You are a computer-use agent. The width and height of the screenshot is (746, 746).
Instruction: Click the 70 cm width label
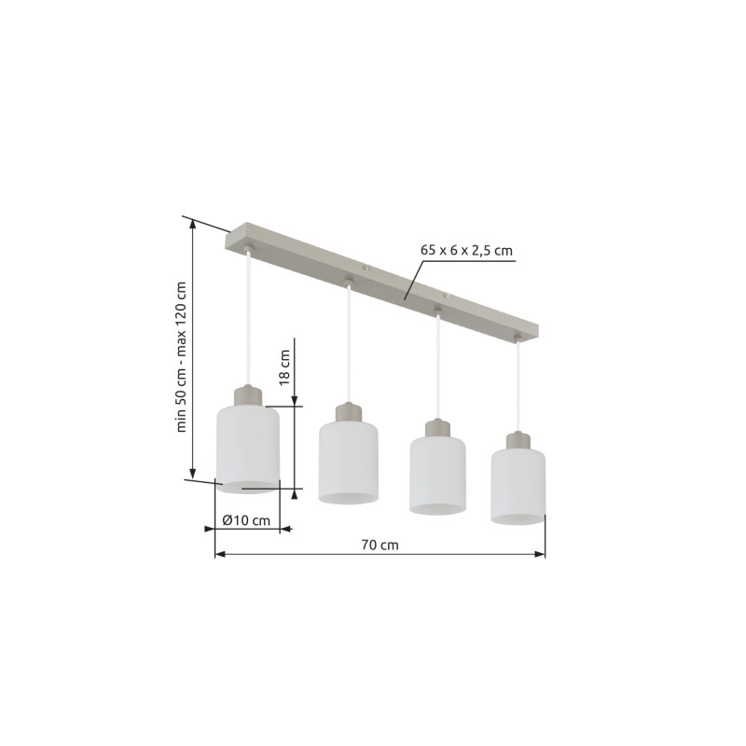coord(380,545)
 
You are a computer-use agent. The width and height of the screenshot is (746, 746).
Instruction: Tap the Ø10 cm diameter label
coord(246,520)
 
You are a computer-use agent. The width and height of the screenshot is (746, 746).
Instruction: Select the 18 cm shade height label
coord(284,366)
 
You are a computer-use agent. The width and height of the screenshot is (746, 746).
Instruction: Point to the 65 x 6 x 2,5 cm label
coord(466,250)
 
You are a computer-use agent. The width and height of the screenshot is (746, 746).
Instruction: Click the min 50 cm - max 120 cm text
coord(181,357)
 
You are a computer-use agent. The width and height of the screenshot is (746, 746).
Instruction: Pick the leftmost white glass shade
coord(248,449)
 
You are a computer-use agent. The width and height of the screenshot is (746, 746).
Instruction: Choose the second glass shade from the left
coord(349,462)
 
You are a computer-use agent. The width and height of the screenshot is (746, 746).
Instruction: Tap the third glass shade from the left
coord(437,475)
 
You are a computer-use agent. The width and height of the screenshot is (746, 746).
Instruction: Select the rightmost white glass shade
coord(518,487)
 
